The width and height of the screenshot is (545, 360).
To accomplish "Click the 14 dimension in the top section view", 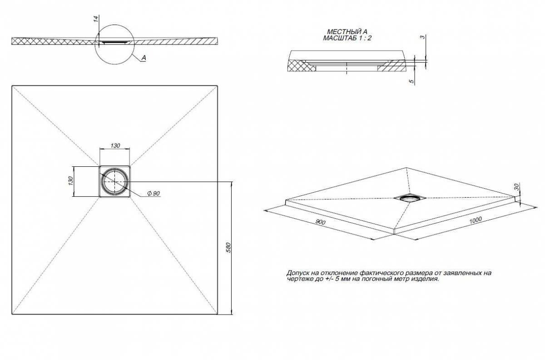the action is click(x=96, y=19).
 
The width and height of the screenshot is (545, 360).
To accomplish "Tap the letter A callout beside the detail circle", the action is click(x=144, y=58).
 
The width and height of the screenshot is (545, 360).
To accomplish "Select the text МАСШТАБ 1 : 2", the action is click(x=347, y=38).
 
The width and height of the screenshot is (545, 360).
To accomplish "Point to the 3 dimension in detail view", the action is click(x=423, y=37).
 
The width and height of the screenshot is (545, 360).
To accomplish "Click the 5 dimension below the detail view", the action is click(x=411, y=81).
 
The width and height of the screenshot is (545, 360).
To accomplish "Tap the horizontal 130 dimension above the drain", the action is click(x=115, y=145).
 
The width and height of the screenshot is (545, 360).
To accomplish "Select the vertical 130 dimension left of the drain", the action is click(x=70, y=180).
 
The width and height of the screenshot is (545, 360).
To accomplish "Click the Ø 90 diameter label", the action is click(x=154, y=193).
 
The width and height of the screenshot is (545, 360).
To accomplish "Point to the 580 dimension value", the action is click(x=228, y=247).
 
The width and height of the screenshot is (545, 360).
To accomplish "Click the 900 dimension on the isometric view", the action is click(x=320, y=222).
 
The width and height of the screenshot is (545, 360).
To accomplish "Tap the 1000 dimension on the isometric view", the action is click(x=476, y=220).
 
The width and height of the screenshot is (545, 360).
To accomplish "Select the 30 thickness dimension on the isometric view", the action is click(x=516, y=187).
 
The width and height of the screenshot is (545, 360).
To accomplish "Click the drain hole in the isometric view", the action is click(x=410, y=198).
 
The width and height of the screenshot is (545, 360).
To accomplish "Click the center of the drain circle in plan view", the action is click(x=114, y=182).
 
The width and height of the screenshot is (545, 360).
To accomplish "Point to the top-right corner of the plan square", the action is click(x=217, y=86).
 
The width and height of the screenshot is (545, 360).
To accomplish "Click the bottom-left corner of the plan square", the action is click(x=12, y=314).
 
